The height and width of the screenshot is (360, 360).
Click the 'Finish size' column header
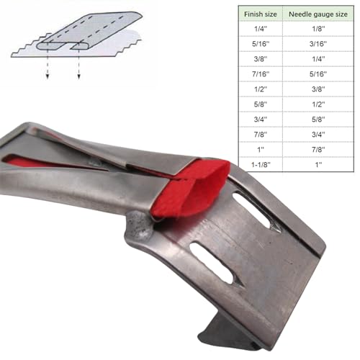pos(261,14)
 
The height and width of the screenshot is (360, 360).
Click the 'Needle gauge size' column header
pos(318,14)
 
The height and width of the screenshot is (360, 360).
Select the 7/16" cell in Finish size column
pos(261,74)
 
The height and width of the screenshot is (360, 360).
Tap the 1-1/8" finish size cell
pos(261,165)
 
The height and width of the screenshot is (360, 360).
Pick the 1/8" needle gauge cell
pos(318,29)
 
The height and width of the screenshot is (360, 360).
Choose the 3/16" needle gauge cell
pos(318,44)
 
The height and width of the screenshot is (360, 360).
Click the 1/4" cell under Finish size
pos(261,29)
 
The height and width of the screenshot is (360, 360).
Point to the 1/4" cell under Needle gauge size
pos(318,59)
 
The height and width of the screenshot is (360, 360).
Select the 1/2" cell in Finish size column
pos(261,89)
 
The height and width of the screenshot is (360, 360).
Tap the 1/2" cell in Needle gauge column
pos(318,104)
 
